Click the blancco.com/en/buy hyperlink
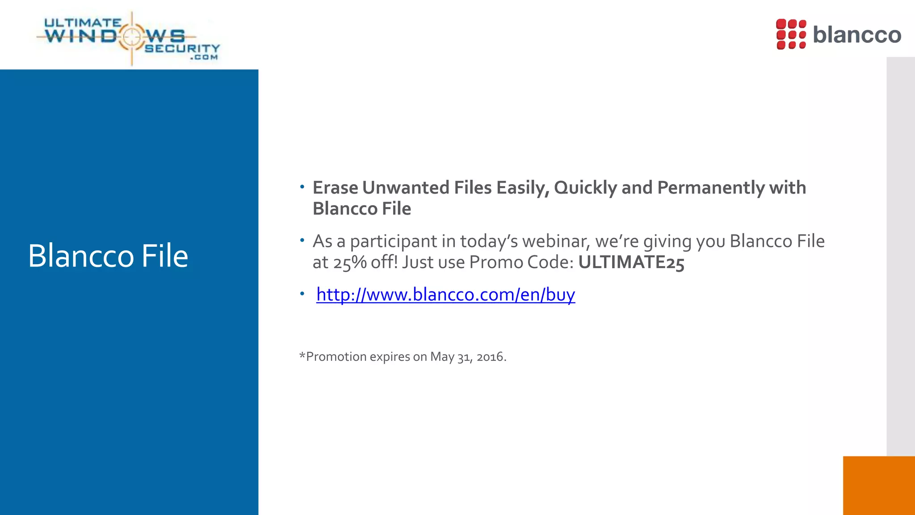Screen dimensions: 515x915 445,295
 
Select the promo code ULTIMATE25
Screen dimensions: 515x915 631,262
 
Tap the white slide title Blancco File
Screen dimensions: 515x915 108,256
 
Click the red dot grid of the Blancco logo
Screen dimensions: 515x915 791,34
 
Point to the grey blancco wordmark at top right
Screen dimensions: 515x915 857,35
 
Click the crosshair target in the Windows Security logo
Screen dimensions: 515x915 131,37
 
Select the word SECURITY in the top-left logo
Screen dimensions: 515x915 182,48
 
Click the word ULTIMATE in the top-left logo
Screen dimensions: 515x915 83,22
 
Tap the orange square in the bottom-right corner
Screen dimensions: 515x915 879,485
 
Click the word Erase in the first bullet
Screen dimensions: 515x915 335,188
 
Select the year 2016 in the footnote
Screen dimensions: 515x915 490,357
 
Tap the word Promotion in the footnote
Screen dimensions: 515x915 336,357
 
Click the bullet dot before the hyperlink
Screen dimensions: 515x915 302,294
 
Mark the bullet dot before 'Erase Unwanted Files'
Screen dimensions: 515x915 302,186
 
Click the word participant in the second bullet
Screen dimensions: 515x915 394,241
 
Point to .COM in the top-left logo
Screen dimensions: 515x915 204,57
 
